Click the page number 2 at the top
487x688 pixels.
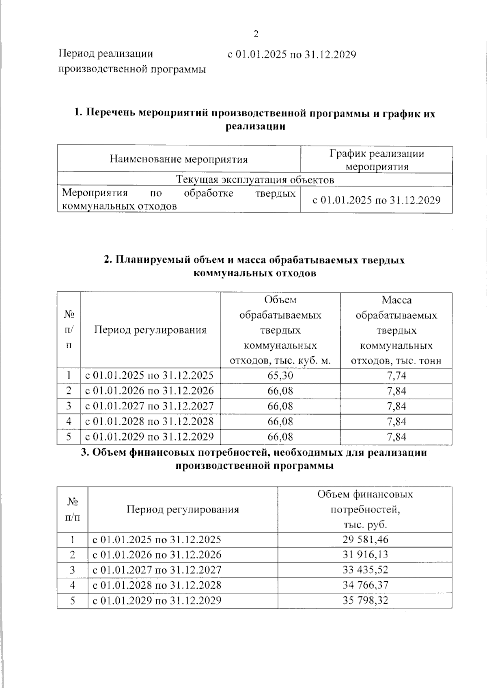pos(256,34)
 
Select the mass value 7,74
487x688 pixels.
pos(396,375)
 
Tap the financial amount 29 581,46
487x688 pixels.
pos(365,540)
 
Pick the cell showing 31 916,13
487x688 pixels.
pos(365,555)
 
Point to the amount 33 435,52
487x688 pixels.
pos(365,570)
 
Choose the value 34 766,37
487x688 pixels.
pos(365,585)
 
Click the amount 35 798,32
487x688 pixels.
pos(365,600)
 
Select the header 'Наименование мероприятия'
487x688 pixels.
pos(179,159)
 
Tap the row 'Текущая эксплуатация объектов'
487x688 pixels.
pos(255,180)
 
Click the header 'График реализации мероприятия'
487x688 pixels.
pos(376,160)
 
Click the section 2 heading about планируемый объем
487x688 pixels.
pos(255,266)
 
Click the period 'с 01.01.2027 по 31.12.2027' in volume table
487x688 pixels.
pos(149,406)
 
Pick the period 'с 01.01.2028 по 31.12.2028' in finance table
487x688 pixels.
pos(157,585)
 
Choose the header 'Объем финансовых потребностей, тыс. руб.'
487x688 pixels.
pos(365,509)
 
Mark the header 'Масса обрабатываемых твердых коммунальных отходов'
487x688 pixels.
pos(396,330)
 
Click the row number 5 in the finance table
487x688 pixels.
pos(72,600)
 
